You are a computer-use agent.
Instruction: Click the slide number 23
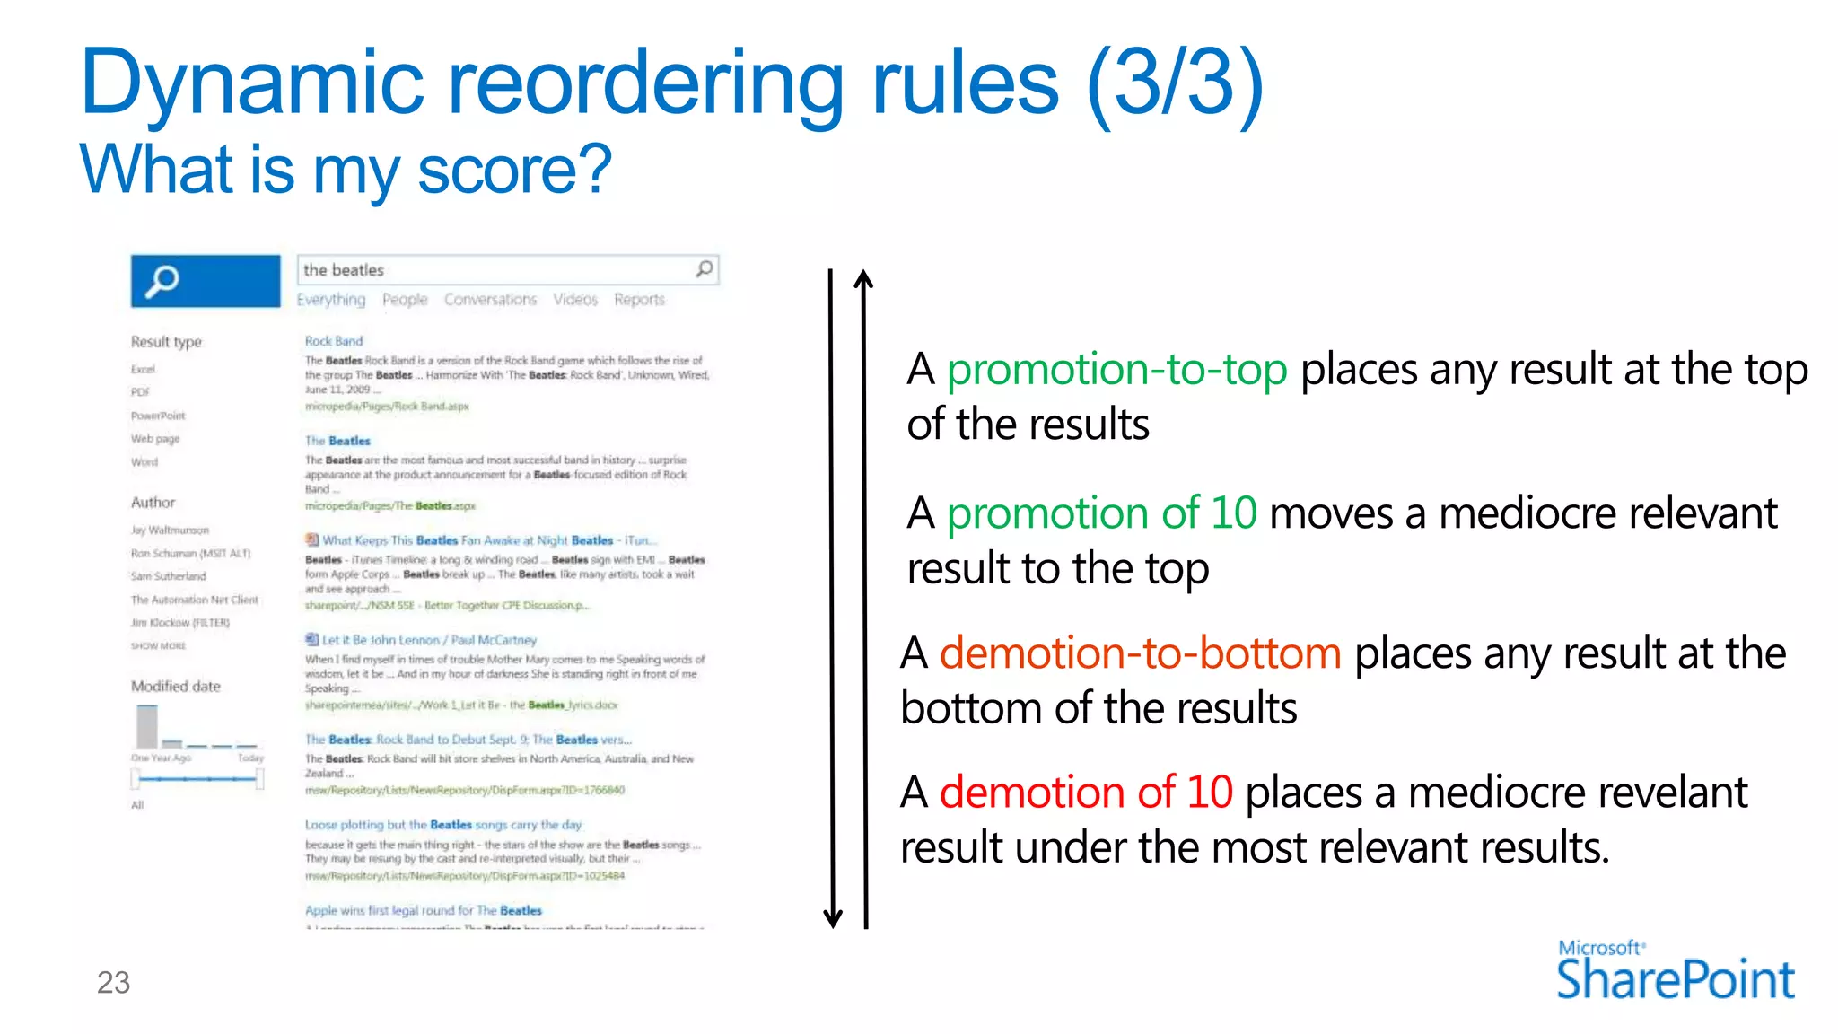(x=113, y=983)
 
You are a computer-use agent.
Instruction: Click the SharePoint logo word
(x=1675, y=979)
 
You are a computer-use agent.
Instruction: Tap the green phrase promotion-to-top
(x=1116, y=370)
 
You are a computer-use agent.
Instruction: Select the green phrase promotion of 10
(x=1101, y=513)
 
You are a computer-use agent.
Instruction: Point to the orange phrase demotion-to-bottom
(x=1140, y=653)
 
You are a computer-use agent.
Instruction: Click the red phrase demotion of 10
(x=1086, y=793)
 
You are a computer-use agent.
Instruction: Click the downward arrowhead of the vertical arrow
(x=833, y=918)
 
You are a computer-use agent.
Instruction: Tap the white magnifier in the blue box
(x=162, y=282)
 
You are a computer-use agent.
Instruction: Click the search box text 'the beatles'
(x=344, y=270)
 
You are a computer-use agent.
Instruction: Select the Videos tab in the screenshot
(x=575, y=300)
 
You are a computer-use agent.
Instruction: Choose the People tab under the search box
(x=405, y=300)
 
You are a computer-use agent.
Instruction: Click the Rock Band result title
(x=334, y=341)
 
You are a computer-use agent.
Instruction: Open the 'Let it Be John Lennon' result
(x=429, y=640)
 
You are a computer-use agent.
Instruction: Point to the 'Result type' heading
(x=167, y=342)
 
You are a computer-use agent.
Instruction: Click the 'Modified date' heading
(x=176, y=687)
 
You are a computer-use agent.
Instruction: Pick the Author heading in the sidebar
(x=153, y=503)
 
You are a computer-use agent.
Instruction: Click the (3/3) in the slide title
(x=1175, y=83)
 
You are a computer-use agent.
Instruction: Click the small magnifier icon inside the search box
(x=705, y=269)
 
